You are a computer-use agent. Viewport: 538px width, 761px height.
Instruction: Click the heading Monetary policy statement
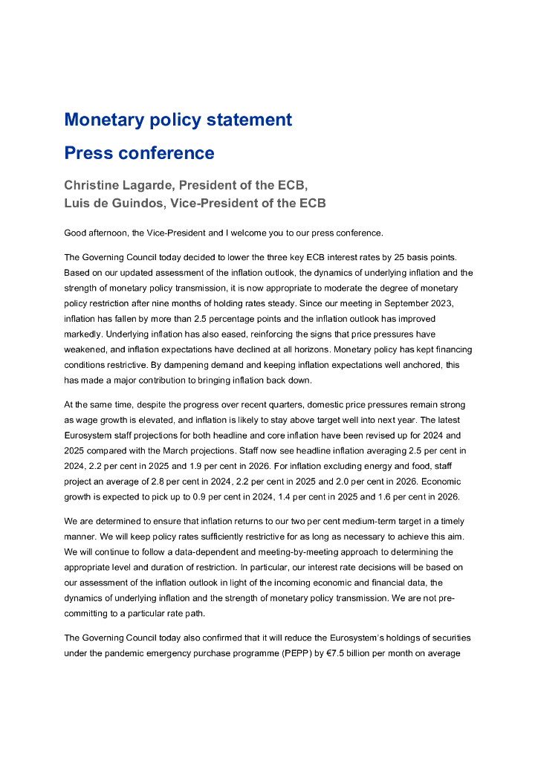pyautogui.click(x=178, y=120)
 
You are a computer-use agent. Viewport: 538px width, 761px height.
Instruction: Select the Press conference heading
pyautogui.click(x=139, y=153)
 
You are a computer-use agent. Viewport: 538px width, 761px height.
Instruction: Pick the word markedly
pyautogui.click(x=82, y=334)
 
